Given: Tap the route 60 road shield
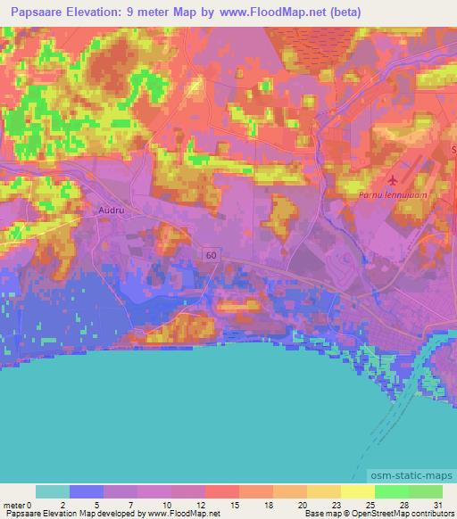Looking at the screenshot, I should point(210,255).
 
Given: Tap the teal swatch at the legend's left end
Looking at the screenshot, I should point(53,491).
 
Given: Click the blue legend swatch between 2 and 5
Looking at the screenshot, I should point(87,491).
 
